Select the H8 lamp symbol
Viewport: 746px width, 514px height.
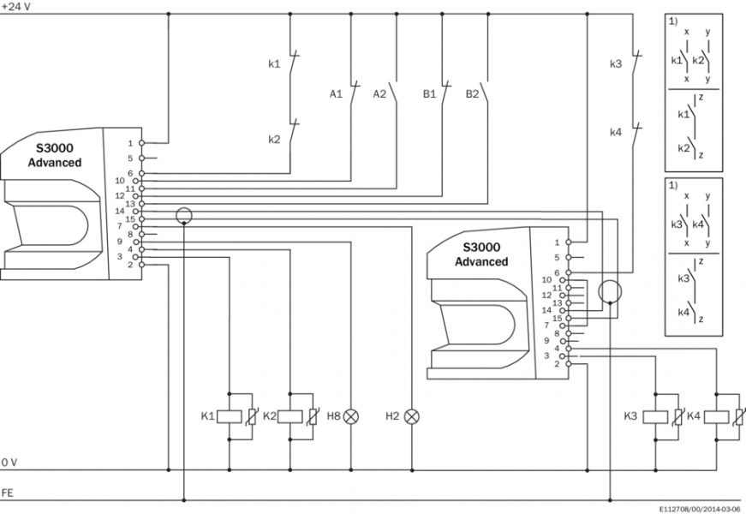[x=350, y=416]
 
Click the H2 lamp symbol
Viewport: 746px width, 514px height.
[x=412, y=416]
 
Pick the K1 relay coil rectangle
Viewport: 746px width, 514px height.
[x=229, y=416]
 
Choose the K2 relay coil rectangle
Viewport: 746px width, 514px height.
[x=290, y=416]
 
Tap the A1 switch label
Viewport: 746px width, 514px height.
[x=337, y=93]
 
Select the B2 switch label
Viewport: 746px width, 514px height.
[x=473, y=93]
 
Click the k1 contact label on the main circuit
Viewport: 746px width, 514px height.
[x=274, y=63]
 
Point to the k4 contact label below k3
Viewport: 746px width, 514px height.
[x=615, y=133]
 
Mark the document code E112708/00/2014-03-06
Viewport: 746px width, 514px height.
[x=701, y=507]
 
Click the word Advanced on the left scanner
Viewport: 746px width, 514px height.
[x=55, y=163]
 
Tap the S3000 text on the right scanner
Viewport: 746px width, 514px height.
[x=481, y=248]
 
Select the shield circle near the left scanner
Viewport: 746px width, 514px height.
[x=183, y=215]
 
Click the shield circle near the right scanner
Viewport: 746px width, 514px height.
[x=609, y=291]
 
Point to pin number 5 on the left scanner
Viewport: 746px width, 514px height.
[x=130, y=158]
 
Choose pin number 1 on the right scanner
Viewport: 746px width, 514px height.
[x=557, y=242]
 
